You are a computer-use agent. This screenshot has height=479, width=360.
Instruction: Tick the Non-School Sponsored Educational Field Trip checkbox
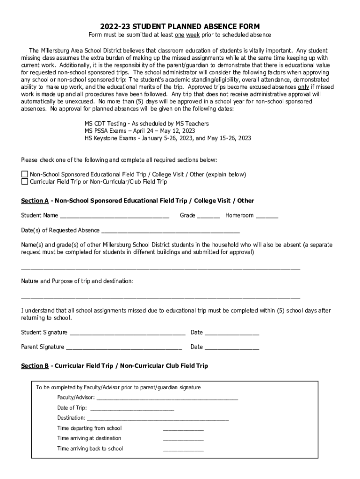point(25,174)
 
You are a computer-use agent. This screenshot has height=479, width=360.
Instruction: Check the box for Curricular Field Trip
point(25,181)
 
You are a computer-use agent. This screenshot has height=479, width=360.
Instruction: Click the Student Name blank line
point(114,216)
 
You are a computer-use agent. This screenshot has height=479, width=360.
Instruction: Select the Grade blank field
point(208,216)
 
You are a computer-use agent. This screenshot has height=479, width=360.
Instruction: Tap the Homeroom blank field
point(266,216)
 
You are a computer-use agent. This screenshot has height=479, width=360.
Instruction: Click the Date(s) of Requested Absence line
point(170,231)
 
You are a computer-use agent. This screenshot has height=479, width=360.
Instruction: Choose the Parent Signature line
point(124,348)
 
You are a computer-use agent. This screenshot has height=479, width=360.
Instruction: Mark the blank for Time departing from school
point(183,429)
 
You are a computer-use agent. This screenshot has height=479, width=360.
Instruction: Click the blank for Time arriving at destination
point(183,439)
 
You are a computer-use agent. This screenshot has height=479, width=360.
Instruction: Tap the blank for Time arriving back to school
point(183,450)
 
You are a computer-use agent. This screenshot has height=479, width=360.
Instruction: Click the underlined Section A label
point(35,201)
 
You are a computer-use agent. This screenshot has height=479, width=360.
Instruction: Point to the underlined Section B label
point(35,366)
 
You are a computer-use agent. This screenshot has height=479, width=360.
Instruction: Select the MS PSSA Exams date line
point(140,131)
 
